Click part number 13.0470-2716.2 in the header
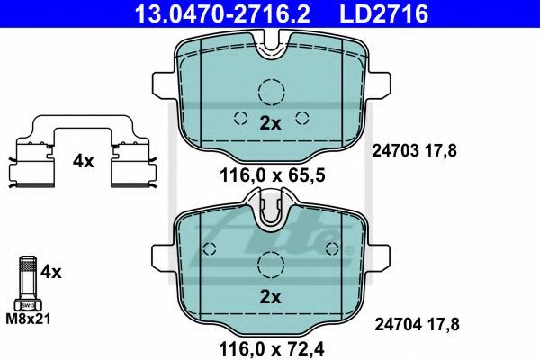click(x=222, y=13)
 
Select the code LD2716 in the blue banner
click(x=384, y=13)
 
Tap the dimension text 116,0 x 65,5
click(x=272, y=175)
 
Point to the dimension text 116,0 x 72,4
click(x=272, y=348)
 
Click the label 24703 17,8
click(x=414, y=151)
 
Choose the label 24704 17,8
click(x=417, y=324)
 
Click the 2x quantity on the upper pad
click(x=270, y=123)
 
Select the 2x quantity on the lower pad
click(x=270, y=297)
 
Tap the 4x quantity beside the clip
click(x=83, y=161)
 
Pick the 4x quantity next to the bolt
click(x=51, y=272)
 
